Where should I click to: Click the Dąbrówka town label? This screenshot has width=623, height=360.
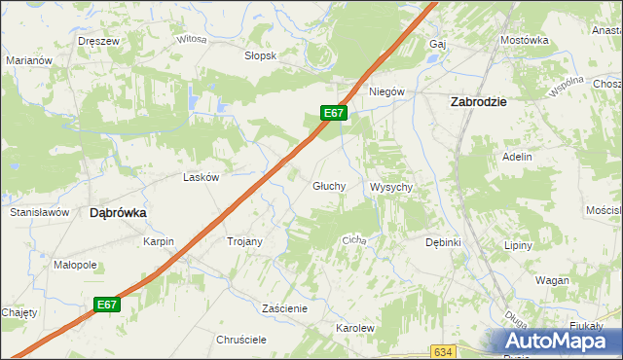[118, 211]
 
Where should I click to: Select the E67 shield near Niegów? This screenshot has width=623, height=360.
[334, 113]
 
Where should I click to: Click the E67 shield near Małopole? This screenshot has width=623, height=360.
[107, 305]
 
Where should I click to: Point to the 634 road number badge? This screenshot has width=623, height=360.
[444, 351]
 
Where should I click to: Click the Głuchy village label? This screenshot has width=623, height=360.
[329, 185]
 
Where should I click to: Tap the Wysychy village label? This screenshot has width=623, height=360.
[393, 187]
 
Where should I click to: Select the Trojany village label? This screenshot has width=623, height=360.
[244, 240]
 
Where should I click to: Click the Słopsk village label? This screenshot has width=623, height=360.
[261, 55]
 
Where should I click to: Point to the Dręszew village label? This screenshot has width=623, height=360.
[99, 41]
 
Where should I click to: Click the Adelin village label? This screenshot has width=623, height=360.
[517, 156]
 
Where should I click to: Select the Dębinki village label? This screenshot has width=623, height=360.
[443, 241]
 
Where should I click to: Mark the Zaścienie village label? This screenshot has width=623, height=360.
[285, 308]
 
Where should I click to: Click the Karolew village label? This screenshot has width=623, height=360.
[355, 328]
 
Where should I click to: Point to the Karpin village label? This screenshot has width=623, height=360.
[158, 240]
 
